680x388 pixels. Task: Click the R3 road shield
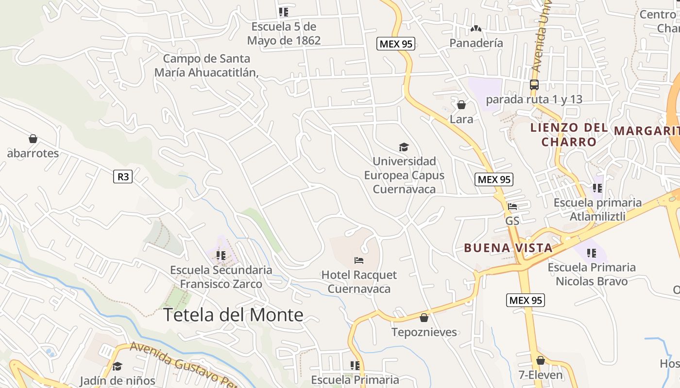(x=123, y=177)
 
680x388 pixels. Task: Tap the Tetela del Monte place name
(x=233, y=315)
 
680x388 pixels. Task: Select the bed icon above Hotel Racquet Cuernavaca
(x=359, y=260)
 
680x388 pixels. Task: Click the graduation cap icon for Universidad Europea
(x=404, y=147)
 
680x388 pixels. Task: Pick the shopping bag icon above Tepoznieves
(x=424, y=318)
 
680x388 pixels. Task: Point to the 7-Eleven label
(x=540, y=375)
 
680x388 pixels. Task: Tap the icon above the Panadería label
(x=476, y=29)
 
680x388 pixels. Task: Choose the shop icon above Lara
(x=461, y=105)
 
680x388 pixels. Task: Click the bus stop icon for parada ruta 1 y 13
(x=534, y=85)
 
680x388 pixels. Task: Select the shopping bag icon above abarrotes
(x=33, y=139)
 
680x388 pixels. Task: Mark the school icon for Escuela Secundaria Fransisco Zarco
(x=221, y=255)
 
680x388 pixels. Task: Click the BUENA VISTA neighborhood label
(x=508, y=248)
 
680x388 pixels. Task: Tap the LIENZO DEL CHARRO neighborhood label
(x=569, y=135)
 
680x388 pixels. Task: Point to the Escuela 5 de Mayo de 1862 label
(x=284, y=33)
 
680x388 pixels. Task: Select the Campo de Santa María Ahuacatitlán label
(x=206, y=65)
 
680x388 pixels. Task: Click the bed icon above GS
(x=512, y=207)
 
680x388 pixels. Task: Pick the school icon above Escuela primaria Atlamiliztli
(x=597, y=188)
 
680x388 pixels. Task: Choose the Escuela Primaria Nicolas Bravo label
(x=592, y=274)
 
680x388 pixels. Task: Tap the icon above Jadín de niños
(x=117, y=366)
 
